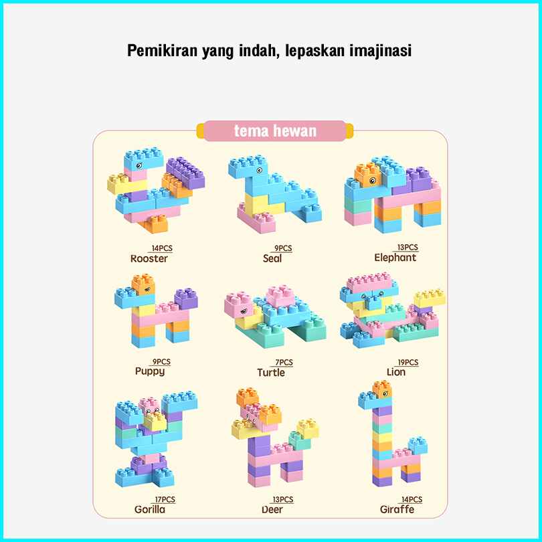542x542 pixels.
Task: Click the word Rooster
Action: (149, 258)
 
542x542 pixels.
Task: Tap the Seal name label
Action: (272, 258)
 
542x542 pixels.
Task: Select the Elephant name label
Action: (395, 258)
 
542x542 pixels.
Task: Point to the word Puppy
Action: (150, 371)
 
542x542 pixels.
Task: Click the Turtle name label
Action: (271, 372)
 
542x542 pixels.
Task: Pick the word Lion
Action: (396, 372)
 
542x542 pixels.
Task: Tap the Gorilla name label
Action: (150, 509)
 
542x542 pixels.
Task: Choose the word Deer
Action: (272, 509)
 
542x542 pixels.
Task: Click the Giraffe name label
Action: (397, 509)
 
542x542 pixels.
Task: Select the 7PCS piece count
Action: (284, 363)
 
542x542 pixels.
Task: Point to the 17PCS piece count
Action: (164, 500)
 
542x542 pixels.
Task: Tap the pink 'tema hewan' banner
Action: (275, 130)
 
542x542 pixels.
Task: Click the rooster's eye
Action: (139, 165)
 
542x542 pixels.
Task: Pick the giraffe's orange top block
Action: (382, 389)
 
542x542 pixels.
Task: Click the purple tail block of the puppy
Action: (186, 299)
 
